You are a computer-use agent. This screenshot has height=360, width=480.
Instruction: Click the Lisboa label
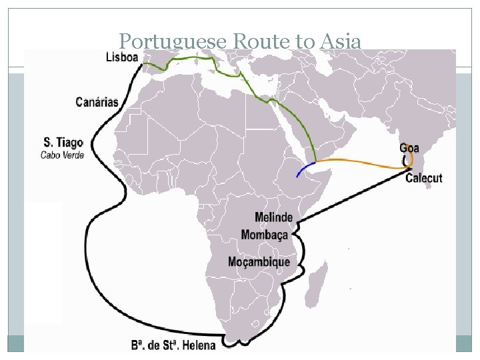point(122,57)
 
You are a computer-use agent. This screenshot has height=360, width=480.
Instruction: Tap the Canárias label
point(97,102)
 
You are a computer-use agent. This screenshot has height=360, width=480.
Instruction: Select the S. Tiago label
point(63,142)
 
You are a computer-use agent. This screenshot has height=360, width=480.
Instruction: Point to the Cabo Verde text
point(63,155)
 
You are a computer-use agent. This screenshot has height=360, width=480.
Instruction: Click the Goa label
point(409,148)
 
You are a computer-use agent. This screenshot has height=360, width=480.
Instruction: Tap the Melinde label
point(273,217)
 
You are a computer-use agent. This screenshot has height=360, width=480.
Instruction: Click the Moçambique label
point(259,262)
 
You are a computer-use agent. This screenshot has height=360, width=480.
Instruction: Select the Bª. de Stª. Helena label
point(173,345)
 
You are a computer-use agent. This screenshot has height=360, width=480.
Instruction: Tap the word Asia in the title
point(340,42)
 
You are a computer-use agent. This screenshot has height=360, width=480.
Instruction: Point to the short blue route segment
point(305,169)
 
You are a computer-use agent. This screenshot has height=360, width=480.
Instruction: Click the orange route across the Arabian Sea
point(360,162)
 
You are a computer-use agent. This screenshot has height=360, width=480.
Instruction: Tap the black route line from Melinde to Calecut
point(353,196)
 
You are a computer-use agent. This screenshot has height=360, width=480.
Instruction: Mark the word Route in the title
point(261,42)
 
